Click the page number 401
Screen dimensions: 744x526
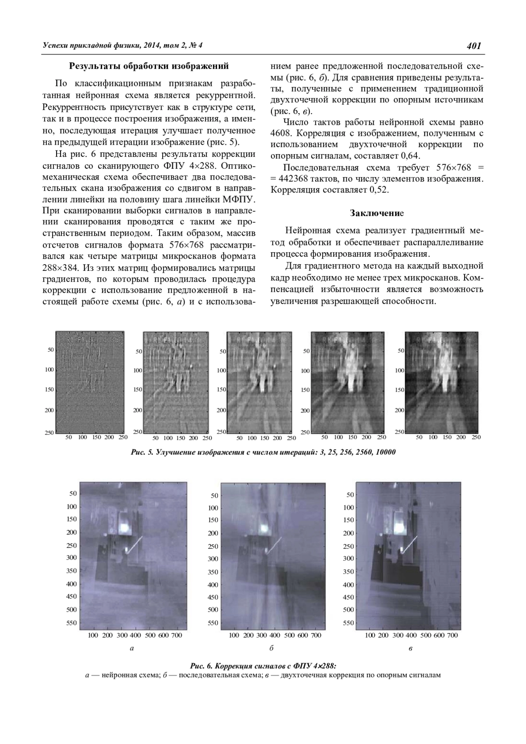pyautogui.click(x=474, y=46)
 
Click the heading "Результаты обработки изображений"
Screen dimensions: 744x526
pyautogui.click(x=149, y=67)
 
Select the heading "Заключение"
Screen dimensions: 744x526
pyautogui.click(x=377, y=213)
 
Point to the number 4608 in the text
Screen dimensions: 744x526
pyautogui.click(x=280, y=133)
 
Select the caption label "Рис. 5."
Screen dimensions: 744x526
pyautogui.click(x=142, y=452)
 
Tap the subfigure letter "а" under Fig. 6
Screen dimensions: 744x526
pyautogui.click(x=131, y=648)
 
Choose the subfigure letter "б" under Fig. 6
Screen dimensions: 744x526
pyautogui.click(x=272, y=648)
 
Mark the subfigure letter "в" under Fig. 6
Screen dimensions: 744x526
pyautogui.click(x=410, y=648)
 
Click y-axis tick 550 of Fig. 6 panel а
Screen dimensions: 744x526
pyautogui.click(x=71, y=623)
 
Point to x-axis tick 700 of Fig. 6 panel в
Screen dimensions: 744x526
pyautogui.click(x=452, y=635)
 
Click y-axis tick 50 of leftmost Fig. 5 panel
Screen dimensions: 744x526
pyautogui.click(x=50, y=350)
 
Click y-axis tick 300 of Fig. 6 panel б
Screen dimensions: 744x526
pyautogui.click(x=213, y=559)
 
